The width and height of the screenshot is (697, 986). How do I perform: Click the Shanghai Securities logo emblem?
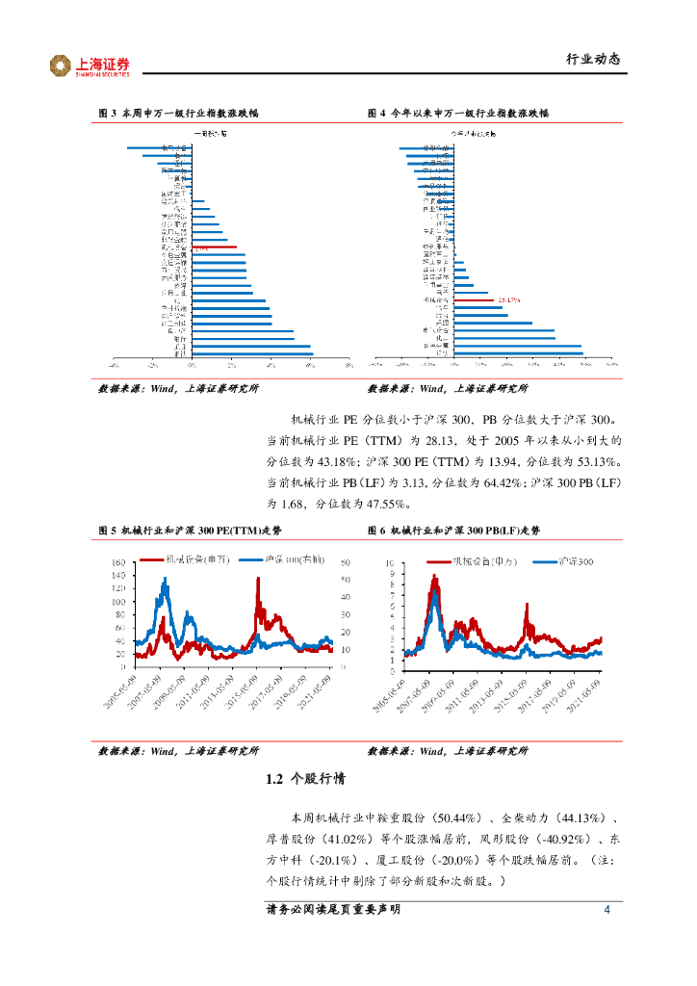61,65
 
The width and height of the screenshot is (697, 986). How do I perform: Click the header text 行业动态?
591,60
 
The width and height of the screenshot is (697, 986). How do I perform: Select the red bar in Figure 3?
215,247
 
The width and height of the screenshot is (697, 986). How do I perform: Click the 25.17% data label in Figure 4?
510,299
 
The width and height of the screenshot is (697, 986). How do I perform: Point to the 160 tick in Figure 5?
119,562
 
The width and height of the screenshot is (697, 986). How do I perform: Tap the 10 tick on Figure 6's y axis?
390,562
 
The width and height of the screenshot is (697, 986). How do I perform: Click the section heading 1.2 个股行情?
304,781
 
